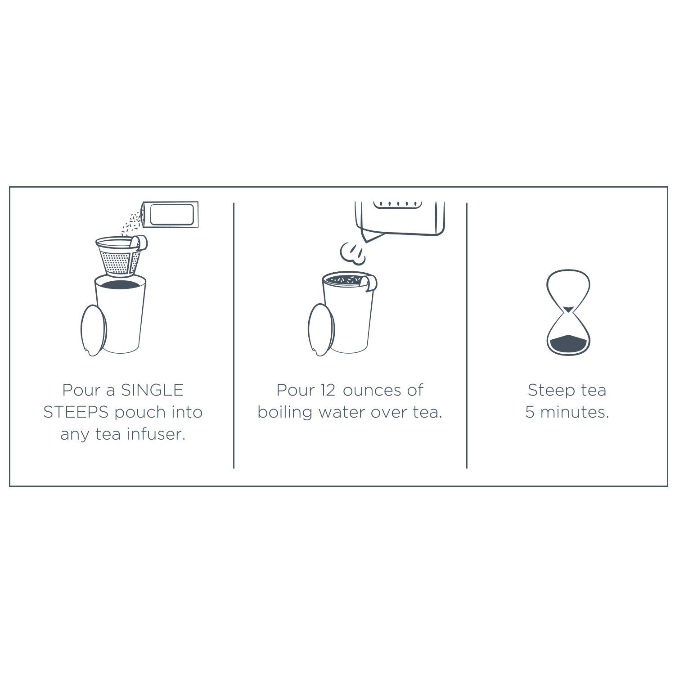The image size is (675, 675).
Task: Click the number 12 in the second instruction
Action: (x=328, y=390)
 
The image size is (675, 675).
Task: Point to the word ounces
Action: (x=372, y=391)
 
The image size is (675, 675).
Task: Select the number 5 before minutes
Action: (x=530, y=412)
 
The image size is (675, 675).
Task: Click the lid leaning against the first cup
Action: (x=94, y=331)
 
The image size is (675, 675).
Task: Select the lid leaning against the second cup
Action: (x=322, y=331)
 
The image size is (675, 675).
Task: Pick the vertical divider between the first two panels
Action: (x=234, y=336)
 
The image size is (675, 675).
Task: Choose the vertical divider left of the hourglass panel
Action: (x=467, y=336)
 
